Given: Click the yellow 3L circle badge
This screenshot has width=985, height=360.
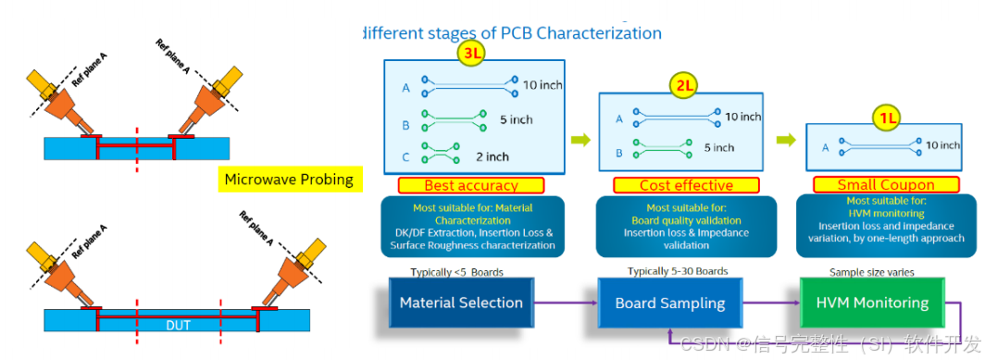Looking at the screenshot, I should pyautogui.click(x=472, y=54).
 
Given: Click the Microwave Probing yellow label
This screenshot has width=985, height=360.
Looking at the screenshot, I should pyautogui.click(x=289, y=179).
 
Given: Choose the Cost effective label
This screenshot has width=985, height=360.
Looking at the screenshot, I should pyautogui.click(x=686, y=185).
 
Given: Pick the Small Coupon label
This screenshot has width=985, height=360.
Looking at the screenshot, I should pyautogui.click(x=886, y=185).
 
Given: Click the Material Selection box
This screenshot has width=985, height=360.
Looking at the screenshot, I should pyautogui.click(x=461, y=303).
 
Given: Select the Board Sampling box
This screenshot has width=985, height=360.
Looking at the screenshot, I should pyautogui.click(x=669, y=303).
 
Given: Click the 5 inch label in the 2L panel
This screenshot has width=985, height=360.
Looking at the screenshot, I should pyautogui.click(x=718, y=147).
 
